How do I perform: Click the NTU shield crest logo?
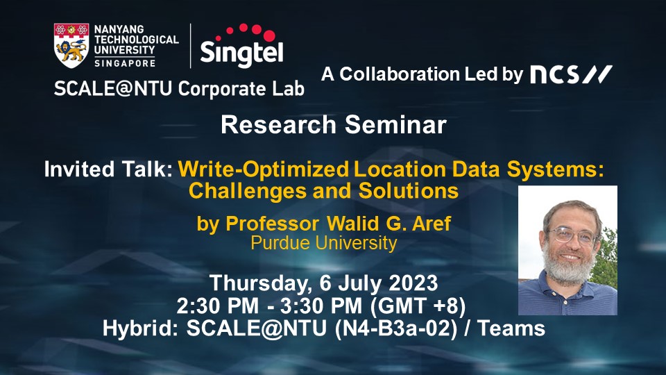tap(71, 46)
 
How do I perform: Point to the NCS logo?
tap(571, 74)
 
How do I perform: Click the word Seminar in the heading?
tap(395, 125)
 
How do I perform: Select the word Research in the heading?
tap(279, 125)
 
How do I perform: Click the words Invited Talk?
tap(108, 169)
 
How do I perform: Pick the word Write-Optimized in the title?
tap(264, 169)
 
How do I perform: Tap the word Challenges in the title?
tap(248, 191)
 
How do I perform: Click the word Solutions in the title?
tap(409, 190)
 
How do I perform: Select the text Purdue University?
tap(324, 243)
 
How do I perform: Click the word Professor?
tap(272, 224)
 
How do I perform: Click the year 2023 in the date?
tap(413, 283)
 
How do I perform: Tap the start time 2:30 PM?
tap(217, 306)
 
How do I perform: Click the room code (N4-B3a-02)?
tap(396, 328)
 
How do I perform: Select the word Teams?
tap(511, 328)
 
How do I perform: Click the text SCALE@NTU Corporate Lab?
tap(179, 89)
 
